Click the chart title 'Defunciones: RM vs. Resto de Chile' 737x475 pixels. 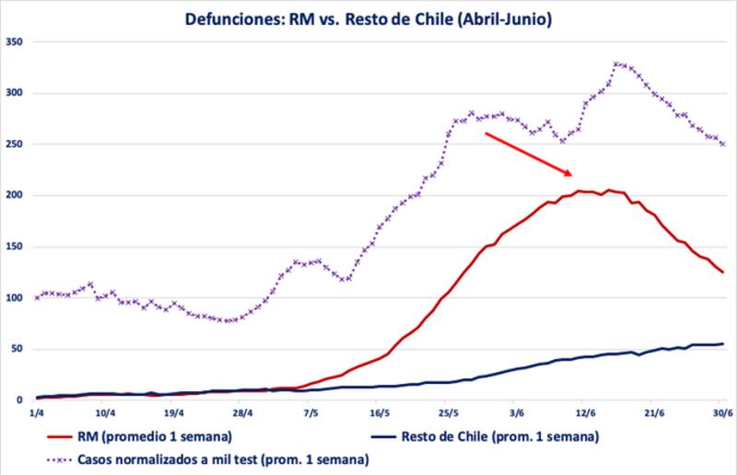click(368, 17)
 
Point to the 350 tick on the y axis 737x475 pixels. click(16, 41)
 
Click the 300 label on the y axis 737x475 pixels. click(16, 93)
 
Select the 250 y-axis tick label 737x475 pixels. click(16, 145)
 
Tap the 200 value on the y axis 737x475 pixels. click(16, 195)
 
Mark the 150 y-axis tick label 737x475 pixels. click(16, 247)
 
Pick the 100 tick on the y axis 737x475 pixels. click(16, 298)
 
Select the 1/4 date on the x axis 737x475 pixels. click(37, 414)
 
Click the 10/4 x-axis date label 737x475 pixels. click(105, 414)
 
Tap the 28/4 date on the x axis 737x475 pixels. click(243, 414)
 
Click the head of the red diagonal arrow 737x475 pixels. click(572, 174)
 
